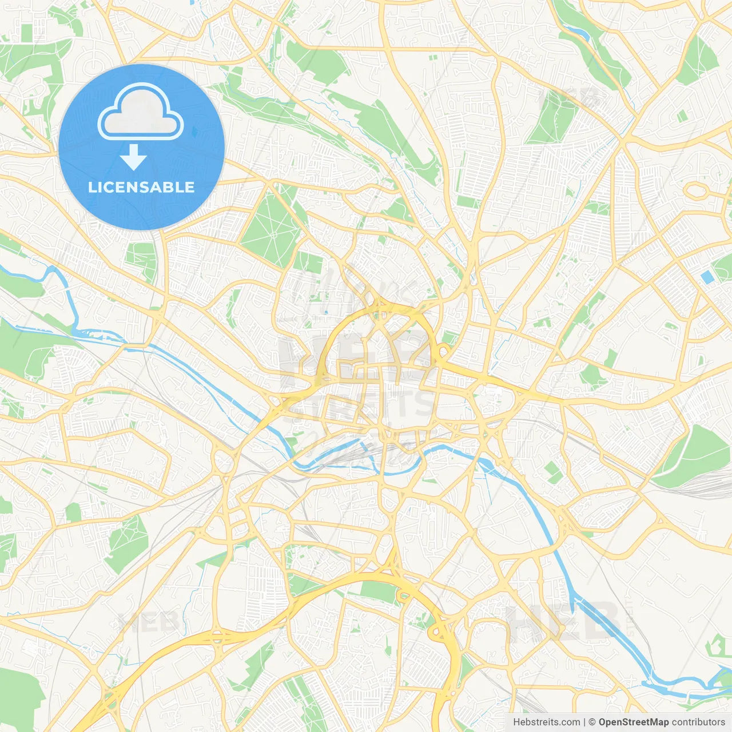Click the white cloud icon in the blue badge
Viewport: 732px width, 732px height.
click(141, 113)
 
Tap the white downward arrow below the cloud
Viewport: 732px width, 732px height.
click(133, 157)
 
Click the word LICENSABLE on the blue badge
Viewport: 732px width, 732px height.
click(141, 187)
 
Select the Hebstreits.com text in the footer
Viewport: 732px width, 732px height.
click(546, 722)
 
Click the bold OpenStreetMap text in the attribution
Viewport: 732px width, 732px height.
click(633, 722)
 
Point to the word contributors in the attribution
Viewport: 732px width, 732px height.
click(698, 722)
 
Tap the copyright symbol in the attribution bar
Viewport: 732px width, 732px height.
click(592, 722)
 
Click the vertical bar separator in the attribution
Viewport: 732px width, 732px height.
click(584, 722)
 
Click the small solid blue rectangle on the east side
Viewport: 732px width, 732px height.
click(707, 277)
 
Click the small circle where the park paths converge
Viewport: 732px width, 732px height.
click(274, 234)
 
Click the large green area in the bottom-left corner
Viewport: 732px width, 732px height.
click(20, 698)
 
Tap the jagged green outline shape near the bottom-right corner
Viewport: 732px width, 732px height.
click(718, 646)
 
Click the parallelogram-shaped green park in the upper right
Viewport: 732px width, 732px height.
click(552, 117)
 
